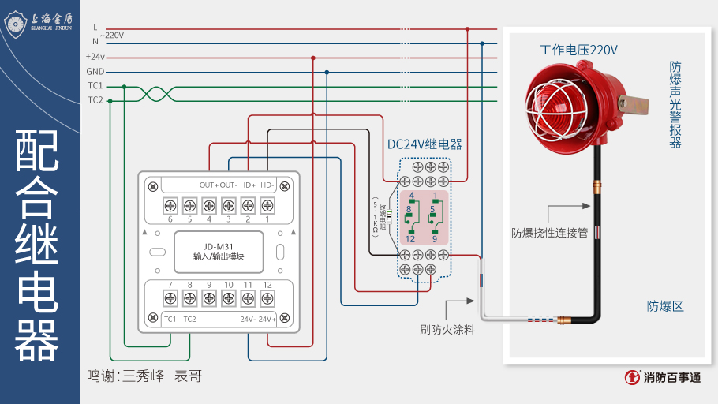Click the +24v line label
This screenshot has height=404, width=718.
(95, 57)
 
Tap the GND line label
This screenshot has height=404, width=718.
(95, 71)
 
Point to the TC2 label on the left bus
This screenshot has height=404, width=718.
(95, 100)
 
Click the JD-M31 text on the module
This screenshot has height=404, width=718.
(219, 246)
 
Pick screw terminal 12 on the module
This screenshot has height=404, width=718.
(267, 298)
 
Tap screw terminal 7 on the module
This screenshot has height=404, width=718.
(170, 298)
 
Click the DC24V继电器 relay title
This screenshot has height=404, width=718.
(424, 144)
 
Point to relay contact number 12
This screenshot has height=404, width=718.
(411, 239)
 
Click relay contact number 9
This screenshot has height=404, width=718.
(435, 239)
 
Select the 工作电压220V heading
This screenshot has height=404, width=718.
(578, 50)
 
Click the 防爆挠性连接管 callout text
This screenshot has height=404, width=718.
(549, 233)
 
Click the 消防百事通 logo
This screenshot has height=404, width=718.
(662, 378)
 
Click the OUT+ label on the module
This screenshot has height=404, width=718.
(208, 185)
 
